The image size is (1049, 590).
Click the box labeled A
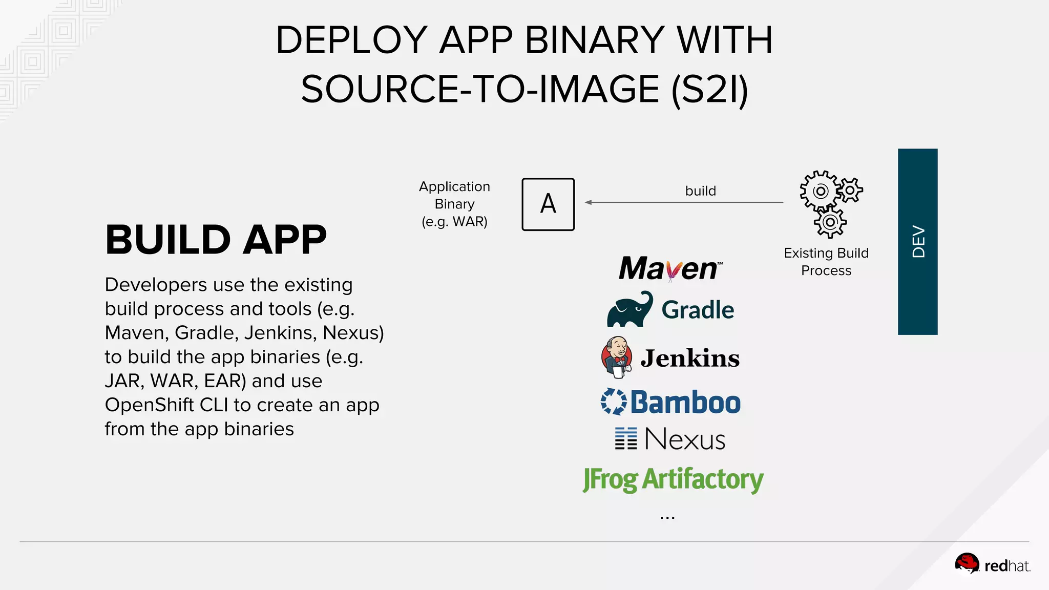coord(548,204)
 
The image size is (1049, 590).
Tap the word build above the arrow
coord(700,191)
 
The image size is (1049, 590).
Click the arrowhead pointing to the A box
coord(589,202)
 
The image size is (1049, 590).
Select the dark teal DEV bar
coord(917,242)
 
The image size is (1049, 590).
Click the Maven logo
coord(670,268)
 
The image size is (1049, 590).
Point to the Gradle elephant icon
coord(630,310)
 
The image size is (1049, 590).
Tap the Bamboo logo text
coord(685,403)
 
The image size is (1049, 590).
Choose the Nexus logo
coord(670,439)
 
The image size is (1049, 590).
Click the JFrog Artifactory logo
coord(673,479)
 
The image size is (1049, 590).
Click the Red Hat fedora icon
coord(967,564)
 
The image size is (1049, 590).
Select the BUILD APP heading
coord(216,240)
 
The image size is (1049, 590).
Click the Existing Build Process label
coord(826,262)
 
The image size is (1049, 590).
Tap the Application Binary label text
coord(454,204)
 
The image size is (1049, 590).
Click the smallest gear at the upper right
coord(850,191)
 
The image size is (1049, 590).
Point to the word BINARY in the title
coord(595,40)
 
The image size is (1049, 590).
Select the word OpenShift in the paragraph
coord(149,405)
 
